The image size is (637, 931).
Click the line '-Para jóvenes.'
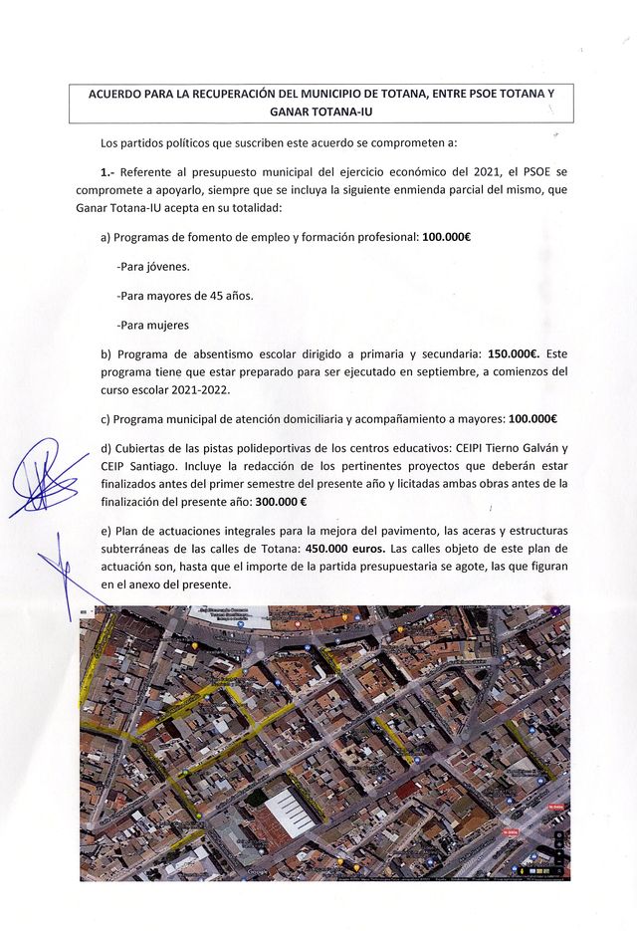tap(153, 267)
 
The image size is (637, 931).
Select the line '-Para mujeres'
tap(152, 325)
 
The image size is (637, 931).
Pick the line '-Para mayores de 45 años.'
tap(184, 296)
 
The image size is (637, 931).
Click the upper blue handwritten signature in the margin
tap(45, 478)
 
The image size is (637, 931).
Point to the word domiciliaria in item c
tap(307, 418)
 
